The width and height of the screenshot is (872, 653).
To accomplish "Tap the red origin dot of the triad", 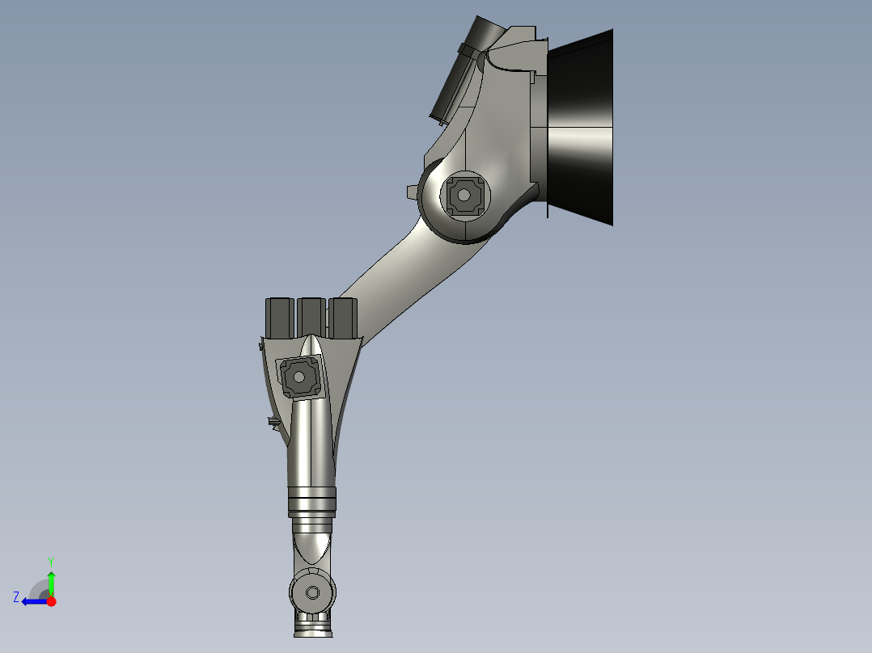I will click(x=51, y=601).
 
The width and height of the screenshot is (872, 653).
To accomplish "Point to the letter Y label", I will click(x=51, y=561).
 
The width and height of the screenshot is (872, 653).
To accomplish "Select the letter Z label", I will click(x=16, y=597).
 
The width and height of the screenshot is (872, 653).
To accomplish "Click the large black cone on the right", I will click(x=581, y=128).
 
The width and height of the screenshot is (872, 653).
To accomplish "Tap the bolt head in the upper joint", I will click(x=464, y=195).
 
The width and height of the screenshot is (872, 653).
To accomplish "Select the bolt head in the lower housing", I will click(x=298, y=377).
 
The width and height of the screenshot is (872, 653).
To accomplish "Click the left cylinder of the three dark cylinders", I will click(x=279, y=317).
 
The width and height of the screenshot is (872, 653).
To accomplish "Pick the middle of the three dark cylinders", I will click(x=311, y=317).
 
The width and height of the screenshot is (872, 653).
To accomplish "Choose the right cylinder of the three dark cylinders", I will click(x=342, y=317).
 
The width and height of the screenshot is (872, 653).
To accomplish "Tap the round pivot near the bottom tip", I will click(x=312, y=593).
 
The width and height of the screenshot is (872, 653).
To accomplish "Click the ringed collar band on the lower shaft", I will click(x=311, y=503).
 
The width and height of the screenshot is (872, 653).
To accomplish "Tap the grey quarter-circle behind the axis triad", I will click(x=38, y=590).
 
